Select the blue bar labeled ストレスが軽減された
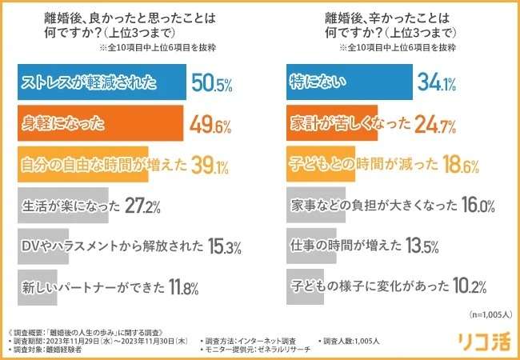coord(100,82)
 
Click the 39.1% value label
coord(208,165)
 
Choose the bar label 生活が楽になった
coord(65,206)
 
